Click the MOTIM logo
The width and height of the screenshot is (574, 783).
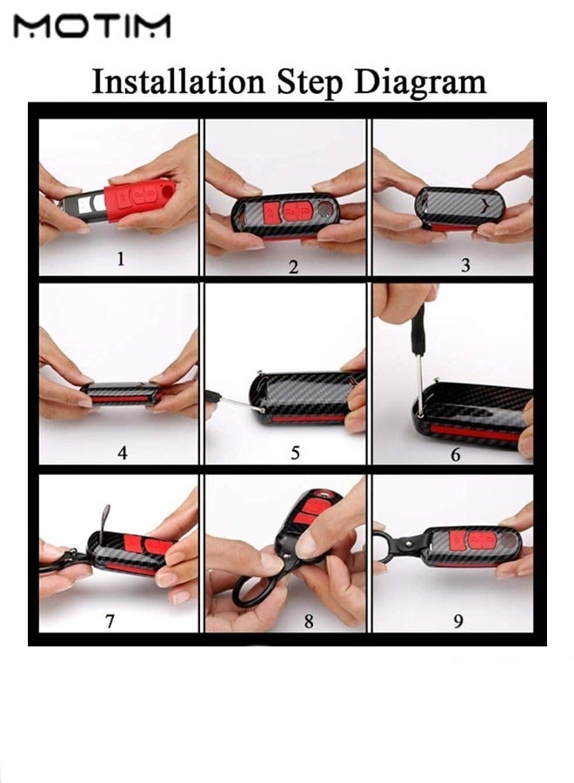[x=92, y=26]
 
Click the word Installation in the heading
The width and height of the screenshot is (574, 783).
[x=178, y=82]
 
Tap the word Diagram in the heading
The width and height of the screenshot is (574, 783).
[x=420, y=83]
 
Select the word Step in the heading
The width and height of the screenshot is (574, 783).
[x=310, y=83]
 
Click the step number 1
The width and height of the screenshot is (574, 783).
[x=120, y=258]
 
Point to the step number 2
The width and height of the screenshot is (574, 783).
[x=293, y=267]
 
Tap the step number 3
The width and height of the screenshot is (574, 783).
[x=465, y=265]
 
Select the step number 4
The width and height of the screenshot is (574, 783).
[x=123, y=452]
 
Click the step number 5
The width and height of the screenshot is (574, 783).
[x=295, y=453]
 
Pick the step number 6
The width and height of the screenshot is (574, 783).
[x=455, y=455]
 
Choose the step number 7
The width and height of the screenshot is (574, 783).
[x=110, y=620]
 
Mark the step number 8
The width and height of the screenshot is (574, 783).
[x=309, y=621]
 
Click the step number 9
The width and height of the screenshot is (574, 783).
[x=458, y=621]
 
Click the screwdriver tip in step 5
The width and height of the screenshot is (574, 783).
[x=261, y=410]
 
